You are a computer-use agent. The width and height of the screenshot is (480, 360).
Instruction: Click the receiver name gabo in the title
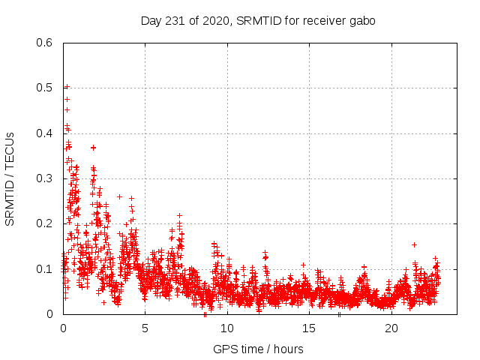[x=361, y=21]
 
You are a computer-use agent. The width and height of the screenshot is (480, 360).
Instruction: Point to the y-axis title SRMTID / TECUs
[x=10, y=178]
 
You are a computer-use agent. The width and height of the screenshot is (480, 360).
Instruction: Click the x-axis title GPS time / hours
[x=259, y=349]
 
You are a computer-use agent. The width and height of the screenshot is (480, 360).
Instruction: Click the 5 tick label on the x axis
[x=145, y=328]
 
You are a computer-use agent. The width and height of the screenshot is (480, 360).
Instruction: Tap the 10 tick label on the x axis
[x=227, y=328]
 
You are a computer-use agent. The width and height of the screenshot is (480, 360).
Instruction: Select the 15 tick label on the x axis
[x=310, y=328]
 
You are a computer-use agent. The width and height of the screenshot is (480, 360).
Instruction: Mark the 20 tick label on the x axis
[x=391, y=328]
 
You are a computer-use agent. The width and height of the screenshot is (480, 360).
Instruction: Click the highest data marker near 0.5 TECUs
[x=66, y=87]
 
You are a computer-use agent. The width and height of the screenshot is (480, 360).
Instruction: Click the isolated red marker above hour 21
[x=414, y=244]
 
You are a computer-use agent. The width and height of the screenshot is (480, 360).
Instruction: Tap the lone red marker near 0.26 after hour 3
[x=119, y=196]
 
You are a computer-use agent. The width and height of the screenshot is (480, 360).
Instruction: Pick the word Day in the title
[x=151, y=21]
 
